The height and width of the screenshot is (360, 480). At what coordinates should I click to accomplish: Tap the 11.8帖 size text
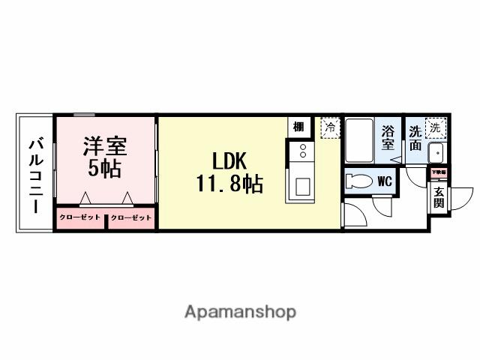(x=229, y=184)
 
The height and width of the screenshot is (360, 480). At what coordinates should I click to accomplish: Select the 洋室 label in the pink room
(x=104, y=145)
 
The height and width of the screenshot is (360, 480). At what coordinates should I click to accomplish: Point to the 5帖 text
(x=104, y=168)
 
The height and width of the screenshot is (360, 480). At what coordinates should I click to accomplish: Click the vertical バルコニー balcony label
(x=35, y=174)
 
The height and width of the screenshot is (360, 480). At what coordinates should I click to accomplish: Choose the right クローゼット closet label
(x=130, y=218)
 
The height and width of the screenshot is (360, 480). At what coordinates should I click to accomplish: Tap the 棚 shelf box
(x=298, y=127)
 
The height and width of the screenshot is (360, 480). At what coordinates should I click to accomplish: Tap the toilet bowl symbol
(x=358, y=181)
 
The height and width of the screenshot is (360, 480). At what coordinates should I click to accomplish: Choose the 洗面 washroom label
(x=415, y=137)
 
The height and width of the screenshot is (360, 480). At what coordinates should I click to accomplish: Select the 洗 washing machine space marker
(x=435, y=127)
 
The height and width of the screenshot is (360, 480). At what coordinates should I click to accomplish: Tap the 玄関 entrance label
(x=438, y=196)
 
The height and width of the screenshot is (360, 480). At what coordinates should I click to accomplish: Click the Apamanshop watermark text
(x=240, y=312)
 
